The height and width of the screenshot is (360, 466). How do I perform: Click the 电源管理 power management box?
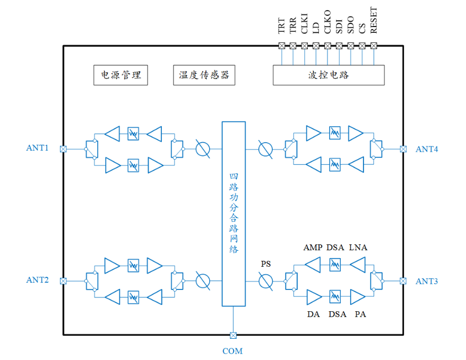120,75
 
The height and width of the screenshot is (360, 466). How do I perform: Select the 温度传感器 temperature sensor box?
204,75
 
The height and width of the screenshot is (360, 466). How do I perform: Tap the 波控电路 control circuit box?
329,75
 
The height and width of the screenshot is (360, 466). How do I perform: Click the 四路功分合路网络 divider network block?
234,214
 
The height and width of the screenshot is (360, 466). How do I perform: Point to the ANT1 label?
37,148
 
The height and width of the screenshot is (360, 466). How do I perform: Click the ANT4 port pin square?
403,149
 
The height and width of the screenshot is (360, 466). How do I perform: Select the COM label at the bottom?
232,351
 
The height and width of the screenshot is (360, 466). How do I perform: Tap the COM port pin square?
233,335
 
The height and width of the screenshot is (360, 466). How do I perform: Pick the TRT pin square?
281,46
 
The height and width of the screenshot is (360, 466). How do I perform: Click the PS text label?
266,264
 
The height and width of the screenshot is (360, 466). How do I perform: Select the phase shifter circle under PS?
265,281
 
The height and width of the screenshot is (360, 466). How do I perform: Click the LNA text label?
358,248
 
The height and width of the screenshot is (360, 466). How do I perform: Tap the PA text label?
360,314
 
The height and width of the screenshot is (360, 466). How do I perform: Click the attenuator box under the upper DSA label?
335,264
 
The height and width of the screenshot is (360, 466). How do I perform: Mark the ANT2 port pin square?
63,281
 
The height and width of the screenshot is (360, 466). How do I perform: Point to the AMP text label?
313,248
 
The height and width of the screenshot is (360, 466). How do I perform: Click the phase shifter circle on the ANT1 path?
202,149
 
